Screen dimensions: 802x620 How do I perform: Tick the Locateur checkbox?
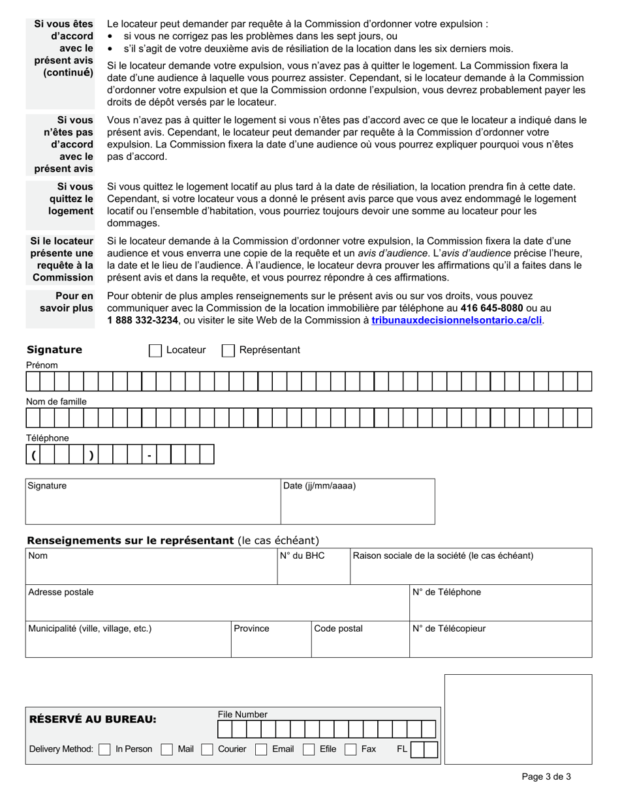click(x=155, y=351)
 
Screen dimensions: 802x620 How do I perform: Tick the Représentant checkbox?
click(x=228, y=351)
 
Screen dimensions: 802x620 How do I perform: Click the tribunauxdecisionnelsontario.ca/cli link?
click(x=456, y=320)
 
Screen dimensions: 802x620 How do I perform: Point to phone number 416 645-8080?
click(x=491, y=308)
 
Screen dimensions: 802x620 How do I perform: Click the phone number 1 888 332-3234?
click(x=142, y=320)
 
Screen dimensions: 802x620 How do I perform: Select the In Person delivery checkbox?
click(x=104, y=750)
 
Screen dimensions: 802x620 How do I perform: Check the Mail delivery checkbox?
click(x=167, y=750)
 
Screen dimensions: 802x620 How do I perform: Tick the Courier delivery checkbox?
click(x=208, y=750)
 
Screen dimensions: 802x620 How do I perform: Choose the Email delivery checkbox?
click(x=261, y=750)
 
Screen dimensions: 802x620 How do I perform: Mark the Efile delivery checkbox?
click(x=309, y=750)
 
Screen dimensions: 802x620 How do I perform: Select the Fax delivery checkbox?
click(x=350, y=750)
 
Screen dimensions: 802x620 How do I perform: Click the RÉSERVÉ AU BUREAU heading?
click(x=93, y=720)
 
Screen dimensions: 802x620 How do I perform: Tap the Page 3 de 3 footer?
click(x=546, y=777)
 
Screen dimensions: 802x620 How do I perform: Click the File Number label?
click(x=242, y=715)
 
